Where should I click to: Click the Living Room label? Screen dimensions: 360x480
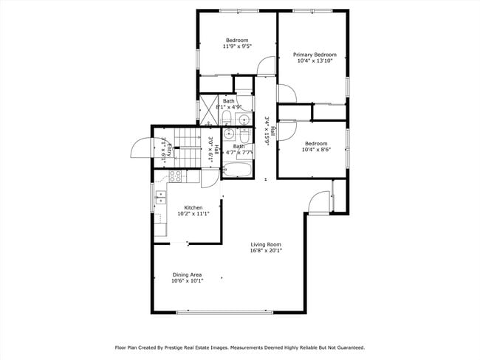(x=266, y=244)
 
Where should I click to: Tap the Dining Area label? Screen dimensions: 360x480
(x=187, y=274)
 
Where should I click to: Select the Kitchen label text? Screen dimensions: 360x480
(x=193, y=208)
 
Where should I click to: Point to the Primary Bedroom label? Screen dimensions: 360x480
(x=315, y=55)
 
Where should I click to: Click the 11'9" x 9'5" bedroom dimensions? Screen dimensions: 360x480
(x=237, y=46)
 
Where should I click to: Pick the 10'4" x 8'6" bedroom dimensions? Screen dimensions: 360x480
(x=316, y=150)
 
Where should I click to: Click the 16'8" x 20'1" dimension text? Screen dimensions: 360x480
(x=266, y=251)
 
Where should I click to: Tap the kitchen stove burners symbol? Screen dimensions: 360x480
(x=175, y=176)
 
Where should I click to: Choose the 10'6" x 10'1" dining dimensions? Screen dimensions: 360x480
(x=187, y=281)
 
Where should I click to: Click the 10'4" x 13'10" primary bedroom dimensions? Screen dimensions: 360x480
(x=315, y=61)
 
